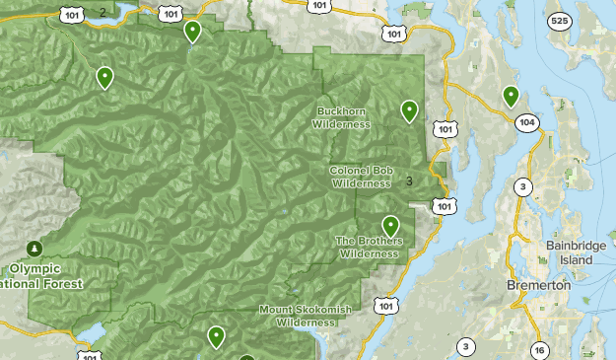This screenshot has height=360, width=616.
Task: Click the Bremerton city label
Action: [538, 284]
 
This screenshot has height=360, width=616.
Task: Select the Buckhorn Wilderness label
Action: [341, 117]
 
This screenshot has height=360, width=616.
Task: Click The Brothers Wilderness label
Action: [369, 247]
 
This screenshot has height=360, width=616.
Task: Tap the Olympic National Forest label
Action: [45, 275]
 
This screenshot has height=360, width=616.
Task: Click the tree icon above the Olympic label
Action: [35, 247]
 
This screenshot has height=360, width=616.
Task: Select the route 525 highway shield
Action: [560, 21]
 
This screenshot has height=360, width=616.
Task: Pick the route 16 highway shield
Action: [539, 350]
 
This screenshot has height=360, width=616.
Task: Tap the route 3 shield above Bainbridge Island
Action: [521, 187]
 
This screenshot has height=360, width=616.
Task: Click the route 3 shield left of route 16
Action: [464, 346]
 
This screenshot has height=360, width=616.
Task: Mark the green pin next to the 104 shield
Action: [511, 96]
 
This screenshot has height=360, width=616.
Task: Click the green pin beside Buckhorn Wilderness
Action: [409, 110]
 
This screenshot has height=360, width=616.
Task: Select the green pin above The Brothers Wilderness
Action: [390, 226]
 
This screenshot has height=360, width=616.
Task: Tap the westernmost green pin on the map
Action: [104, 77]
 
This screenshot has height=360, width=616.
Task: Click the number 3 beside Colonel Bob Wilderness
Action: [409, 180]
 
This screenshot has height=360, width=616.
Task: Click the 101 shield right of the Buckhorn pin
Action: [445, 128]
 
